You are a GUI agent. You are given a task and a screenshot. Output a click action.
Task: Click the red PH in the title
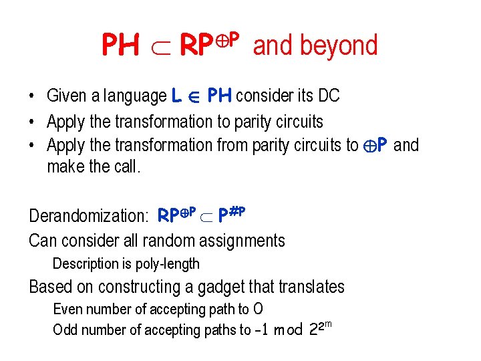[x=120, y=45]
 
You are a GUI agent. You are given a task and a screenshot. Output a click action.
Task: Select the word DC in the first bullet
[x=329, y=96]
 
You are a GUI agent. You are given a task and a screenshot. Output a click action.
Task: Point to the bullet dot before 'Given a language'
[x=32, y=96]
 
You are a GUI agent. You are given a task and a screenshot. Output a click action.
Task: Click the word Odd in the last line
[x=65, y=330]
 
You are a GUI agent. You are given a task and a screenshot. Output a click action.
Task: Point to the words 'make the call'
[x=94, y=166]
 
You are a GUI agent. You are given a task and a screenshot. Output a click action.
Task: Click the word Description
[x=86, y=263]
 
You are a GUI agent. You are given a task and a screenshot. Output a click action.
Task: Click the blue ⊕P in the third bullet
[x=375, y=145]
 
